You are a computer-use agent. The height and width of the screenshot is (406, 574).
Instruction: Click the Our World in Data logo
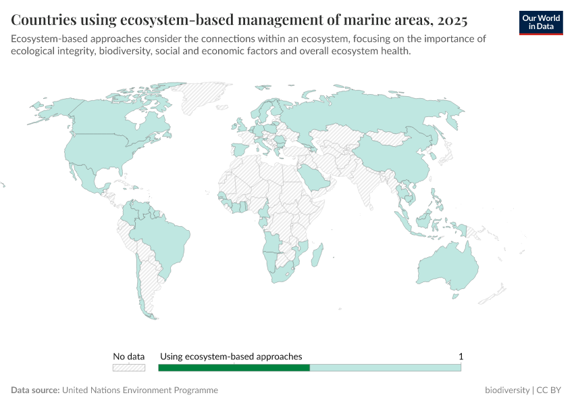[x=540, y=22]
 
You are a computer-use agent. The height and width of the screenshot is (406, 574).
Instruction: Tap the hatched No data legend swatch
[x=128, y=367]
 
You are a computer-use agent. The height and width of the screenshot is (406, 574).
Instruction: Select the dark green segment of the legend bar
[x=234, y=367]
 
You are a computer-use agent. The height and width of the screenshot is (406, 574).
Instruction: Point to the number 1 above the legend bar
[x=461, y=356]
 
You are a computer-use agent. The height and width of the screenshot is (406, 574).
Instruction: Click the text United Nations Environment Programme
[x=140, y=390]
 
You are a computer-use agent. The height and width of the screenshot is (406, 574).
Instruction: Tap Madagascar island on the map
[x=318, y=258]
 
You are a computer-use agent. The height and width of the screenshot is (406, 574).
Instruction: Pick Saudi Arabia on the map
[x=313, y=177]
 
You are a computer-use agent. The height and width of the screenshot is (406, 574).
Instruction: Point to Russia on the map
[x=378, y=112]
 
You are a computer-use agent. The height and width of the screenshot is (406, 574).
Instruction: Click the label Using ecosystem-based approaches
[x=231, y=356]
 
